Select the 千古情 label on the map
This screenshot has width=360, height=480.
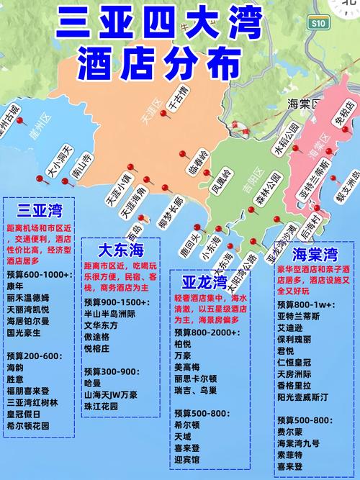pyautogui.click(x=176, y=103)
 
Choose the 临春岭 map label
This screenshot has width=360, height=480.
pyautogui.click(x=196, y=166)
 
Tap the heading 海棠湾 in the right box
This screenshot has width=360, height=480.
pyautogui.click(x=315, y=253)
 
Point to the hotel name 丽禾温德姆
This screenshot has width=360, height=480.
pyautogui.click(x=30, y=297)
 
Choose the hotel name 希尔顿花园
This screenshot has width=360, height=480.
pyautogui.click(x=30, y=425)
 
